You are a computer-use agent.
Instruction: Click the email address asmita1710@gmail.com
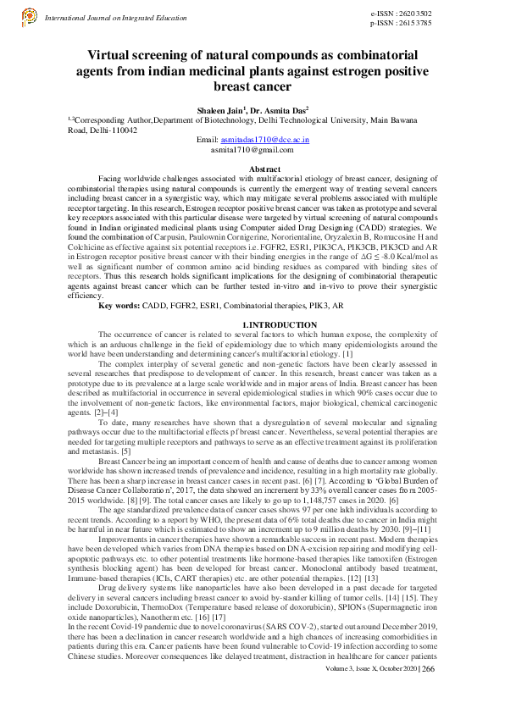(252, 148)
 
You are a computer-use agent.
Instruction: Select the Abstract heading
(252, 169)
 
